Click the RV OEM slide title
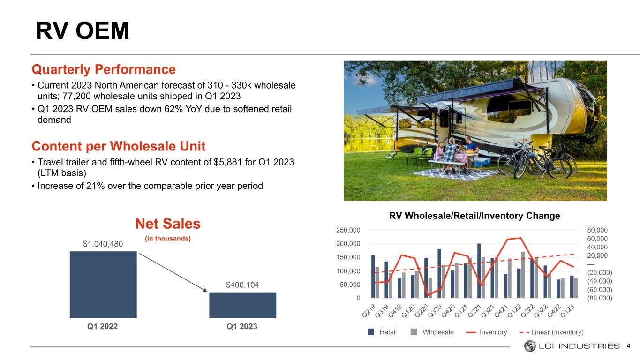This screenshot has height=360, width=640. point(83,30)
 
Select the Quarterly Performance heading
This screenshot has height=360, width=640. point(104,69)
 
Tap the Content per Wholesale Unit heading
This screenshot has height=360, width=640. point(119,146)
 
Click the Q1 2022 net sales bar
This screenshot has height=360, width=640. point(103,284)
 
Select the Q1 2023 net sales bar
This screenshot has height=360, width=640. point(242,305)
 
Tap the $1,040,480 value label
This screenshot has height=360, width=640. point(103,244)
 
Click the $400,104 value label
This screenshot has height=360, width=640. point(242,285)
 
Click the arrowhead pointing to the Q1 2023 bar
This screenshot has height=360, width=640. point(205,290)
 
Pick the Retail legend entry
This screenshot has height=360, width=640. point(382,332)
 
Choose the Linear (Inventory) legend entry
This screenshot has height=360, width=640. point(551,332)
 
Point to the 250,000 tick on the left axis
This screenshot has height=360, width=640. point(348,230)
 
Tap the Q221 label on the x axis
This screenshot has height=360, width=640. point(474,311)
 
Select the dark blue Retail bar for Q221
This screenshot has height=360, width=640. point(479,270)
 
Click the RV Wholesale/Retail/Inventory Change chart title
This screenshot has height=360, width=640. point(474,216)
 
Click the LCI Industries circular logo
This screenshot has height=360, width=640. point(530,346)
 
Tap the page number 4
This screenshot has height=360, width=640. point(628,346)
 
